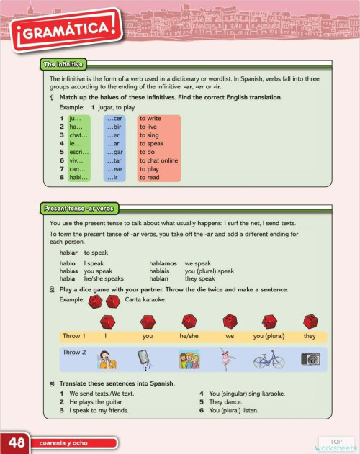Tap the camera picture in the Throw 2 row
[310, 358]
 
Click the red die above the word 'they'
[310, 320]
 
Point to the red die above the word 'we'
[230, 320]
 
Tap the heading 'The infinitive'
[63, 64]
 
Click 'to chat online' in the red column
[158, 160]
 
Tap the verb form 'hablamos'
[163, 263]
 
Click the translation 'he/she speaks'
[104, 278]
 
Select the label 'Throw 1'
[74, 336]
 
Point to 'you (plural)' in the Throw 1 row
[269, 336]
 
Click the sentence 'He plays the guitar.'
[99, 401]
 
